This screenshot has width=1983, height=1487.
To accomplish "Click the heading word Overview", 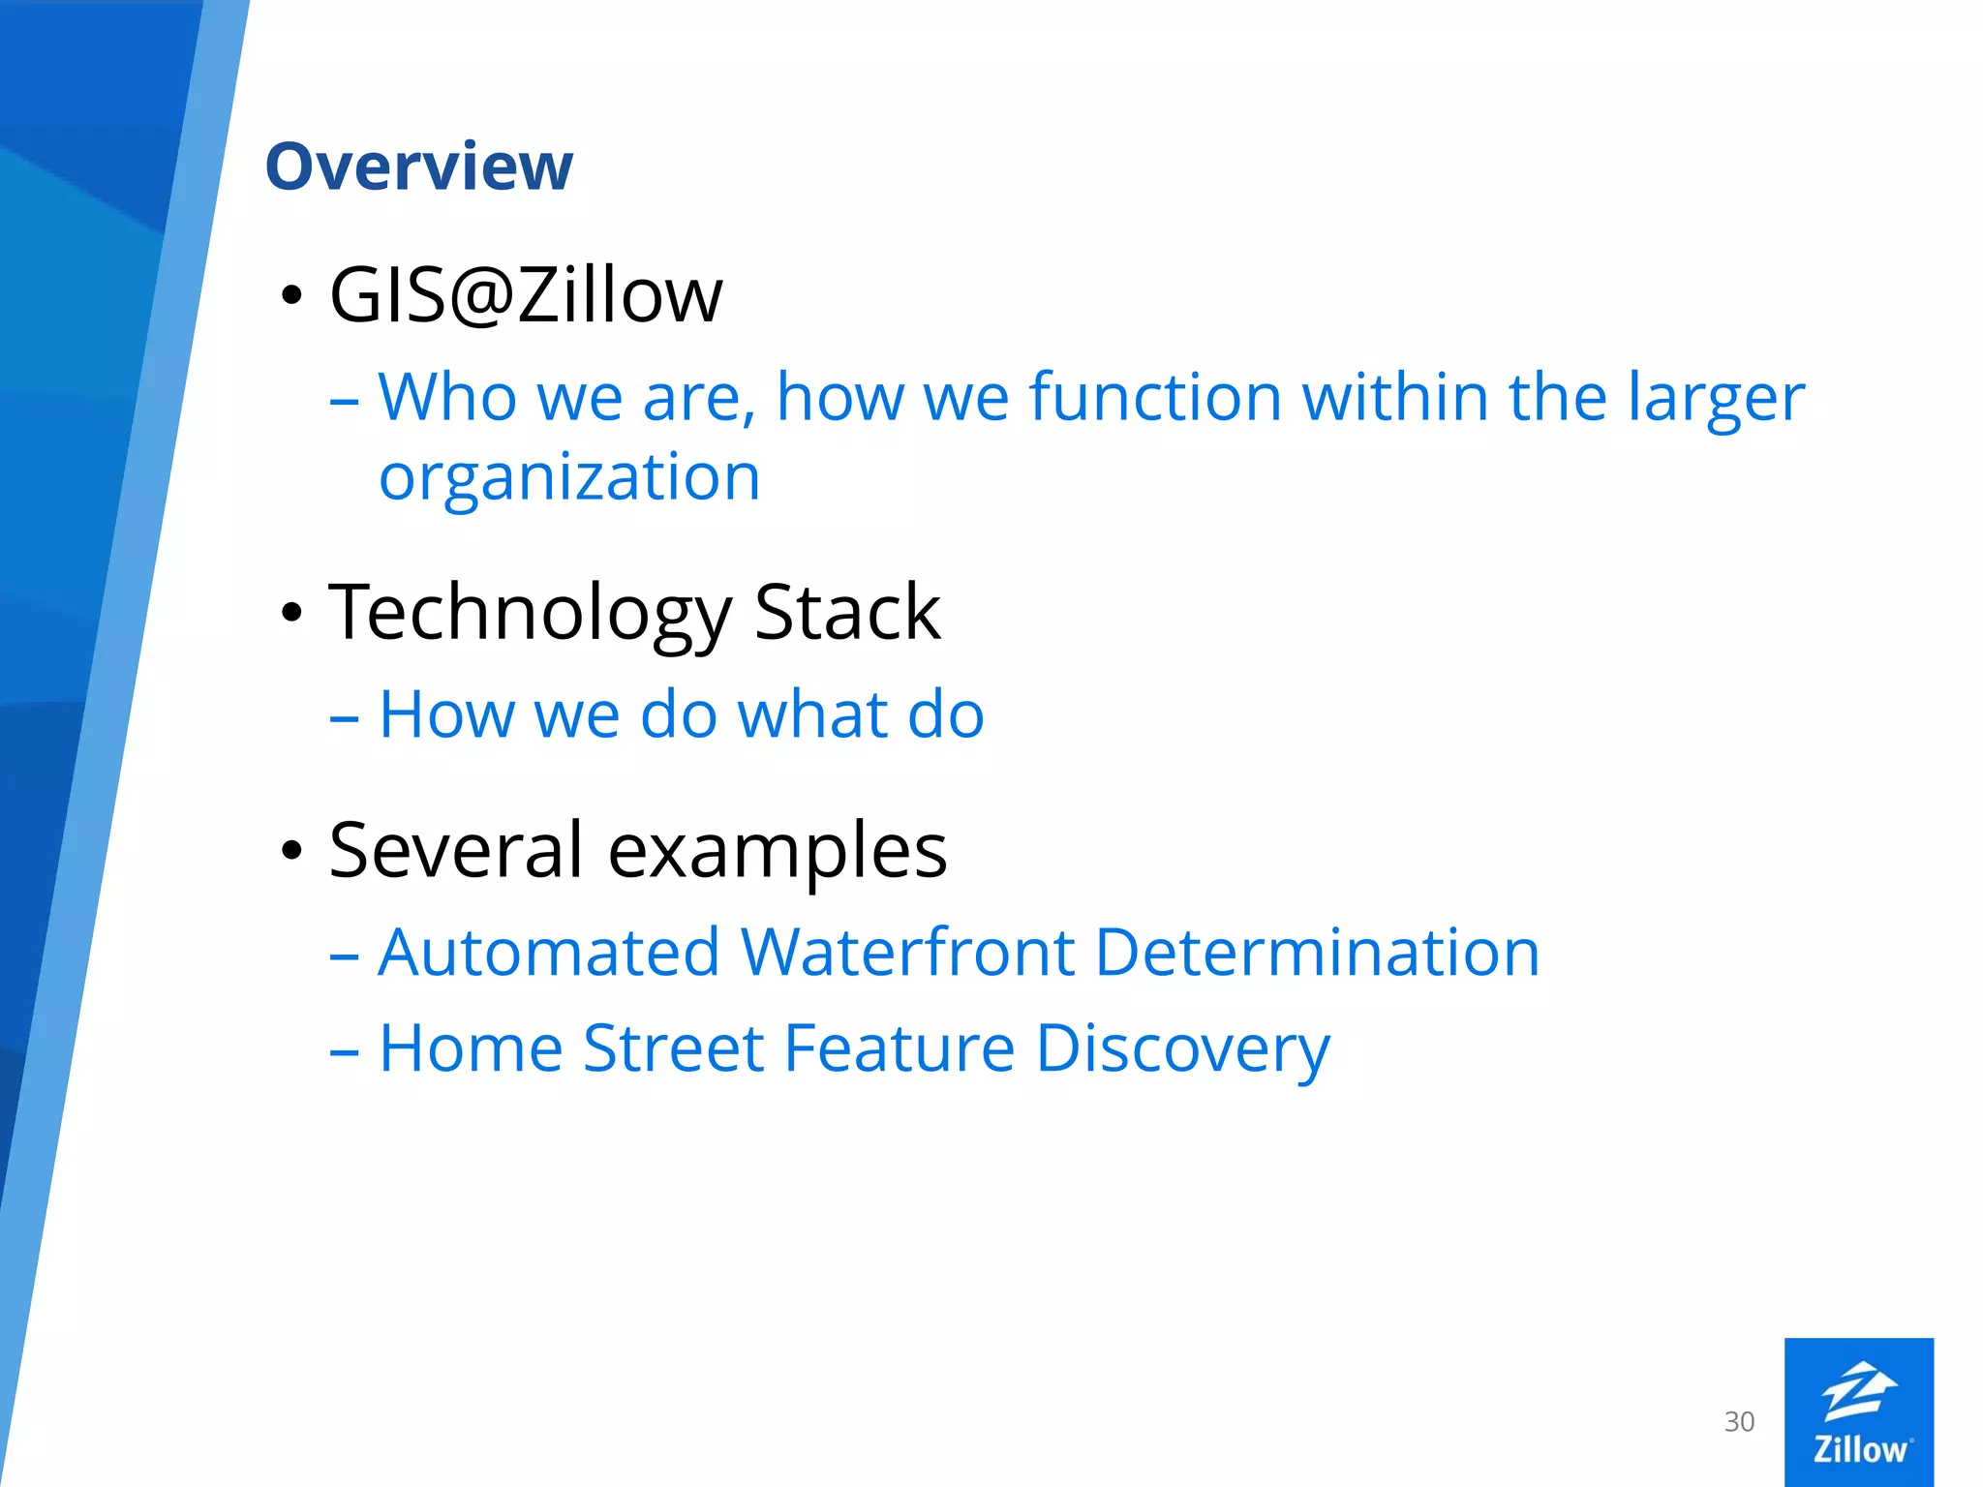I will tap(418, 167).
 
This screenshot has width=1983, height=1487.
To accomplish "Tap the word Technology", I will tap(530, 614).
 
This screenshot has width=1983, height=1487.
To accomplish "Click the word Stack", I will tap(846, 612).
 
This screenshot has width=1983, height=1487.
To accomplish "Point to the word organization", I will tap(569, 477).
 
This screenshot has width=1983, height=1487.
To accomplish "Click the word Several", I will tap(456, 850).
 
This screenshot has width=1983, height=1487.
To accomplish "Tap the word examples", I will tap(778, 852).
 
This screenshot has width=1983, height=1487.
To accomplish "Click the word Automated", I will tap(549, 953).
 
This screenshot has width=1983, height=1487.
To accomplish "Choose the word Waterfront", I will tap(907, 953).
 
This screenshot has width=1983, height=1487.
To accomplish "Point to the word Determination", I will tap(1317, 953).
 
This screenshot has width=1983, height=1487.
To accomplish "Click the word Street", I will tap(674, 1048).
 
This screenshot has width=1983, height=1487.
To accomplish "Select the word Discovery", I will tap(1182, 1050).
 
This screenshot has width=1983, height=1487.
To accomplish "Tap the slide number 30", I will tap(1739, 1421).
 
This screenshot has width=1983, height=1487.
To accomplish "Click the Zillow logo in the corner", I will tap(1858, 1411).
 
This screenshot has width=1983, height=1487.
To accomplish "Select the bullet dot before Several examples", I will tap(291, 850).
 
